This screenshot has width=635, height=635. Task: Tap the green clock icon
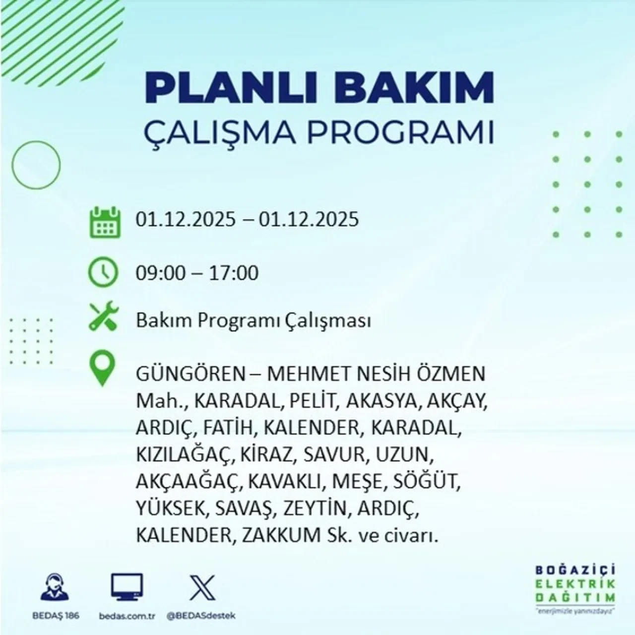[x=103, y=272]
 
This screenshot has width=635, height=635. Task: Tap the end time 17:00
[x=234, y=273]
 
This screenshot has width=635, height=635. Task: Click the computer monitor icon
[x=127, y=587]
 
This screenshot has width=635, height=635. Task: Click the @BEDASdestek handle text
[x=201, y=616]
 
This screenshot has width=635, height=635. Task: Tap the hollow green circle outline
[x=36, y=164]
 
